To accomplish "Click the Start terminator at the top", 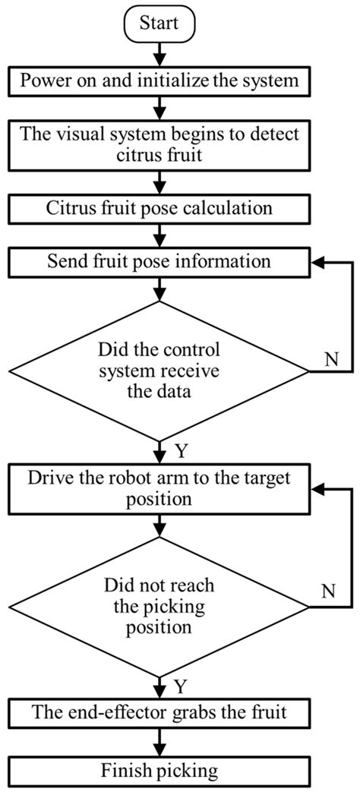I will (x=159, y=23).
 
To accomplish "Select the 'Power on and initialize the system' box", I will (x=159, y=78).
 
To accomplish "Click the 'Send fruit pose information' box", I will (x=159, y=263).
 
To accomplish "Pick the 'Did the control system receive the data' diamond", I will (x=159, y=371).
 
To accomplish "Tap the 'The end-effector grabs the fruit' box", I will (x=159, y=712).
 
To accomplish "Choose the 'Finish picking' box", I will (x=159, y=771).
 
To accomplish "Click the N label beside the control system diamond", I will (x=331, y=358).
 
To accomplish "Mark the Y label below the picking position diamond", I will (x=182, y=687).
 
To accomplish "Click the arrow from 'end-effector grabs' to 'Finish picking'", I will (x=159, y=740).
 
